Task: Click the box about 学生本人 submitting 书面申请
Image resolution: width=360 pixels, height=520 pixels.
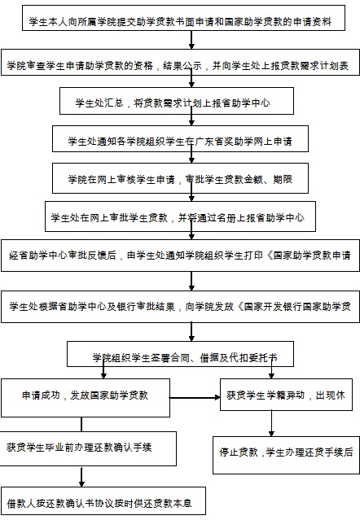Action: point(183,18)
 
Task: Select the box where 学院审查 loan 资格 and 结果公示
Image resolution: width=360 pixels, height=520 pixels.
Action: point(180,63)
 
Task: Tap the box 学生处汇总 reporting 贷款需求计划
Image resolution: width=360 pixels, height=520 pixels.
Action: point(177,101)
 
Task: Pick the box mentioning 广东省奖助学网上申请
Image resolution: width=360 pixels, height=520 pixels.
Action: point(180,138)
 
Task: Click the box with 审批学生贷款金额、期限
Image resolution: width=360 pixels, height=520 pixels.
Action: point(180,178)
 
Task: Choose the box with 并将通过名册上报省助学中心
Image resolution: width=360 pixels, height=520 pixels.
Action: point(180,216)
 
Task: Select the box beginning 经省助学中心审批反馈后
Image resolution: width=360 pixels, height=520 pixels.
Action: point(180,256)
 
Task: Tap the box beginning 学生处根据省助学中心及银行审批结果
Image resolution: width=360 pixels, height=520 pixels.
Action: point(180,307)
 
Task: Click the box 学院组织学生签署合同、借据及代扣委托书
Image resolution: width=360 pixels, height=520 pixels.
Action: point(180,354)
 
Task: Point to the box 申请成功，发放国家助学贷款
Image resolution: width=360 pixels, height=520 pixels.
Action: point(86,398)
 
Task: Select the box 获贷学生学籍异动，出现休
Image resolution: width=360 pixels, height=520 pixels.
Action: point(286,395)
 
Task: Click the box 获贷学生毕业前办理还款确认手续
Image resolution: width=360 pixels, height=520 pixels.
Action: point(88,448)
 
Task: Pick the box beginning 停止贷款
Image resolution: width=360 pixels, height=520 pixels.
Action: point(286,455)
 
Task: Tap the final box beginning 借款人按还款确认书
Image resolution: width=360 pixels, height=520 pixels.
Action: point(103,500)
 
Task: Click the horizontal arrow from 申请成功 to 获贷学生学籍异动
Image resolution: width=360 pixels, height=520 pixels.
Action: point(195,397)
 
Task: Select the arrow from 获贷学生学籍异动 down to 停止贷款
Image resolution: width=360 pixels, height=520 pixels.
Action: point(271,423)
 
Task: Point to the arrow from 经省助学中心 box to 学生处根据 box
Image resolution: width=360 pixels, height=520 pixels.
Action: point(191,282)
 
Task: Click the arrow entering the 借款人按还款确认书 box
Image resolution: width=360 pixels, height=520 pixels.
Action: point(81,477)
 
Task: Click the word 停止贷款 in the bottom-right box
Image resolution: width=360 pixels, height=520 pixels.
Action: point(239,452)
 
